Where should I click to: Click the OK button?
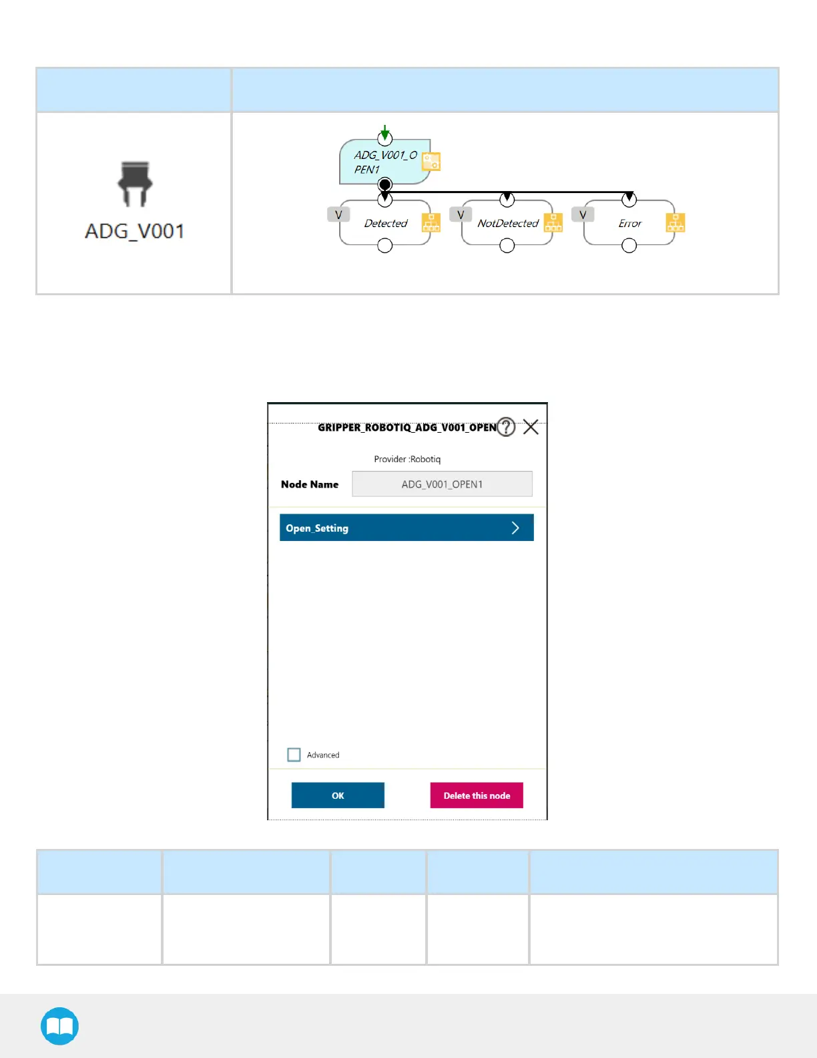click(338, 796)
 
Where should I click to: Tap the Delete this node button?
click(477, 796)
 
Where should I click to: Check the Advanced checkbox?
click(294, 755)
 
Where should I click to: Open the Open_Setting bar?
click(406, 528)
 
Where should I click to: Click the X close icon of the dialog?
click(531, 427)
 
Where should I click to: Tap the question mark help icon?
click(506, 427)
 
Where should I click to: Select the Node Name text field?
click(442, 484)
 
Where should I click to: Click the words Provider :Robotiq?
click(407, 459)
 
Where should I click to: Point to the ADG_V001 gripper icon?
click(135, 183)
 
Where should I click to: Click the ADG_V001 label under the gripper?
click(135, 231)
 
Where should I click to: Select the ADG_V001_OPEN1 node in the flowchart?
click(384, 162)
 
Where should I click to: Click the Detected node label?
click(385, 223)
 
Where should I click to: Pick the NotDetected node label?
click(507, 223)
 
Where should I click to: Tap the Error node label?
click(629, 223)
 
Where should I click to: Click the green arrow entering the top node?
click(384, 130)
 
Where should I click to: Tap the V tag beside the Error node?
click(583, 214)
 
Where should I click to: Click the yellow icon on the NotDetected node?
click(553, 222)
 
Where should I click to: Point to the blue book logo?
click(59, 1026)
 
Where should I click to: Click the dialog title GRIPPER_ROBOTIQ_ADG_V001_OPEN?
click(406, 427)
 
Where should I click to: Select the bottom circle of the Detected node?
click(384, 246)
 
